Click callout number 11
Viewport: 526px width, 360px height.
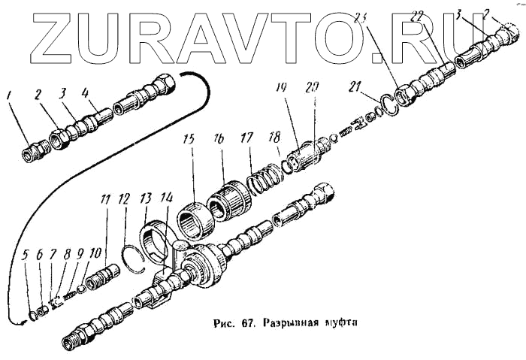[106, 199]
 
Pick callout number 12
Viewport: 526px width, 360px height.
[124, 199]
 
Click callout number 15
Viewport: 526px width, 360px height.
[191, 141]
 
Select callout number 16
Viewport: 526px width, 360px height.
[220, 141]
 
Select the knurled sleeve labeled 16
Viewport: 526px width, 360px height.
[228, 197]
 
